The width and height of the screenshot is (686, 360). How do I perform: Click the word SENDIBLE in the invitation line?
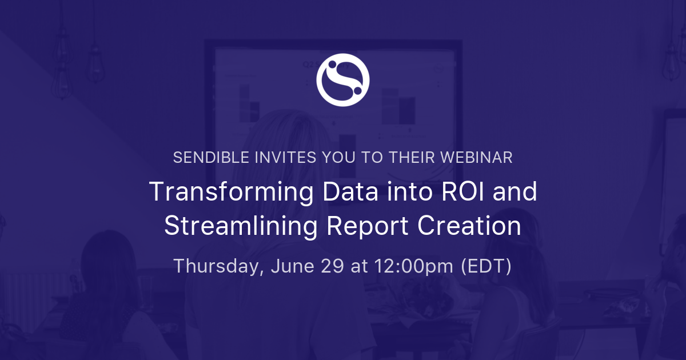212,158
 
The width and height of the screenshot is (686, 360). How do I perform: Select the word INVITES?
285,158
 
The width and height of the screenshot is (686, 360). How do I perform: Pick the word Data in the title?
350,191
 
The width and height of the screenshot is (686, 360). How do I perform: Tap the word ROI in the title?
462,191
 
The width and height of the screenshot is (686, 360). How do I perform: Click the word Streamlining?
241,227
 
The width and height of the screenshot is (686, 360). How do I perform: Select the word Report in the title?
367,227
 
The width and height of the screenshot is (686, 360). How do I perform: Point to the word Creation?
469,226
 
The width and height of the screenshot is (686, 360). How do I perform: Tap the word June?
293,266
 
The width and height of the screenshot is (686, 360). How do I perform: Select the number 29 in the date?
332,266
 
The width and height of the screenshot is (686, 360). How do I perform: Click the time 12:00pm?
414,266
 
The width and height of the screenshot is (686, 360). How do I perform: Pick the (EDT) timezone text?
486,266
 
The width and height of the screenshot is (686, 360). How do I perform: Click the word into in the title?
410,191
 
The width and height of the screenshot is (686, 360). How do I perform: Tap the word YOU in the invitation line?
338,158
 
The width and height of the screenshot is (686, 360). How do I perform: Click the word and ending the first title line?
515,191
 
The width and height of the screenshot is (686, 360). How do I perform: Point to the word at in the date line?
359,266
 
